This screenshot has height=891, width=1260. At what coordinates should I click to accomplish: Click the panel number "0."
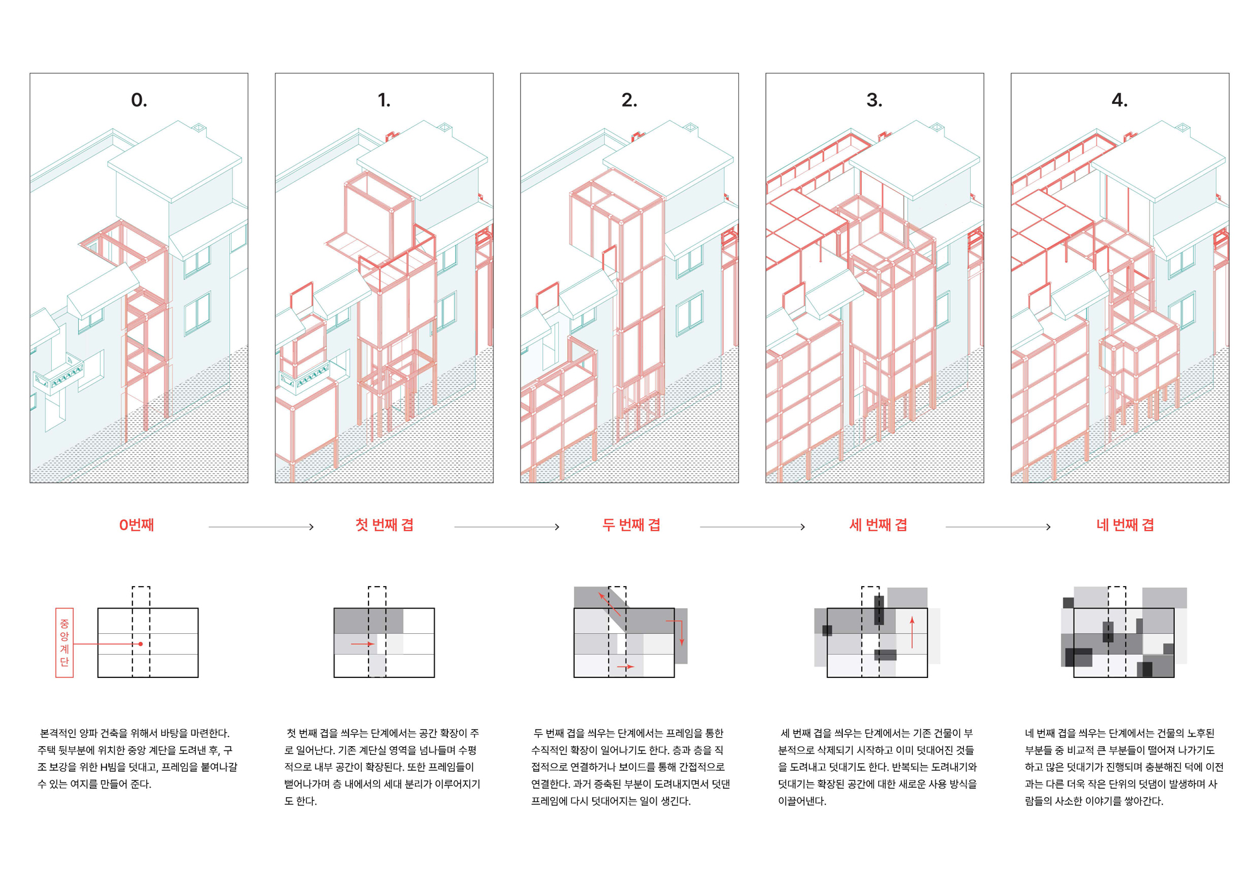pos(139,100)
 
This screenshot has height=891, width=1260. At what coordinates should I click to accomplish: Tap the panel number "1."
pos(384,100)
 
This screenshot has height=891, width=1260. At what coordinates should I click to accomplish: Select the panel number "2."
pos(629,100)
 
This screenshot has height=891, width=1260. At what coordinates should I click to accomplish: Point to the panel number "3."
pos(874,100)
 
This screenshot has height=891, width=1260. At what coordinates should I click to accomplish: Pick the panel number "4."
pos(1120,100)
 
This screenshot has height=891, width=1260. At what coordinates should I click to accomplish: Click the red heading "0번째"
pos(137,525)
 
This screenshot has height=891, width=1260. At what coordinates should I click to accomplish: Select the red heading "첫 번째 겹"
pos(384,525)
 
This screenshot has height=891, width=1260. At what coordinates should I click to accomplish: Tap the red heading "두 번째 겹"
pos(631,525)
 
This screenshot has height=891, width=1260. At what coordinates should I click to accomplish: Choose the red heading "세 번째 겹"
pos(878,525)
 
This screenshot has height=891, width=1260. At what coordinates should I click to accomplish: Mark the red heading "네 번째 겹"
pos(1125,525)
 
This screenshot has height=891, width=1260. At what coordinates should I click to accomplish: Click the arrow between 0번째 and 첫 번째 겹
pos(261,527)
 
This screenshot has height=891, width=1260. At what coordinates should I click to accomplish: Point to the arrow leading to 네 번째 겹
pos(998,527)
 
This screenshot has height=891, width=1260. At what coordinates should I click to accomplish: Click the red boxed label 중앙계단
pos(64,643)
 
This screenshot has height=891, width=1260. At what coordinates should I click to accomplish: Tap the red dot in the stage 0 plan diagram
pos(140,644)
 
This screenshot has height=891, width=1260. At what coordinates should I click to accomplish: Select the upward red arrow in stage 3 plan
pos(912,633)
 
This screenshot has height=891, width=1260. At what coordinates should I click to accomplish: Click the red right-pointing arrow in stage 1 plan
pos(362,644)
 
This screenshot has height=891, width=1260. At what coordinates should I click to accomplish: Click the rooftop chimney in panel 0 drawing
pos(199,129)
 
